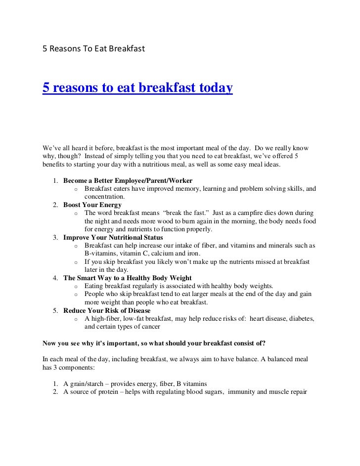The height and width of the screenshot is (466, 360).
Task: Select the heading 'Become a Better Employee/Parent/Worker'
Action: pyautogui.click(x=128, y=180)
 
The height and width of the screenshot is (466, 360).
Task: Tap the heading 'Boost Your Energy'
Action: pyautogui.click(x=92, y=205)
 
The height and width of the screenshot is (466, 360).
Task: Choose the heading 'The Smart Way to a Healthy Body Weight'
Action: pyautogui.click(x=128, y=278)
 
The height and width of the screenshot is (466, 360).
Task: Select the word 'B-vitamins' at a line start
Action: pyautogui.click(x=100, y=254)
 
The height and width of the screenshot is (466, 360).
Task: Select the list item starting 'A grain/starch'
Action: pyautogui.click(x=135, y=383)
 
